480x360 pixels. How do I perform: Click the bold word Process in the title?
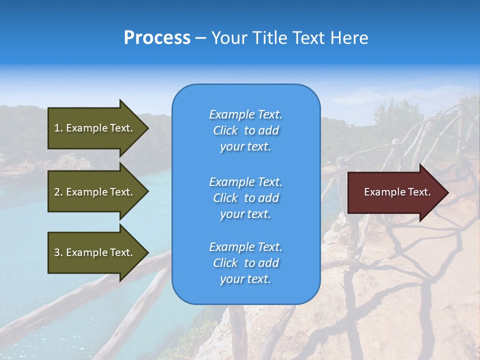(x=157, y=38)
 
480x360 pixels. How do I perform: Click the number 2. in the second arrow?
(x=58, y=192)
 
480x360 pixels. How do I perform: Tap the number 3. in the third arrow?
(x=58, y=252)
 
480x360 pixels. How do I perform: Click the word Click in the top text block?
(x=225, y=130)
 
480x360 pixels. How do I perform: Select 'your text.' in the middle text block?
(x=245, y=214)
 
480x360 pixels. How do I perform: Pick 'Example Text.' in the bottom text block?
(x=245, y=247)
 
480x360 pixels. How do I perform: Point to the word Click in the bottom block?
(x=225, y=263)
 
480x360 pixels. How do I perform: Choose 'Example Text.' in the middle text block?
(x=245, y=181)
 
